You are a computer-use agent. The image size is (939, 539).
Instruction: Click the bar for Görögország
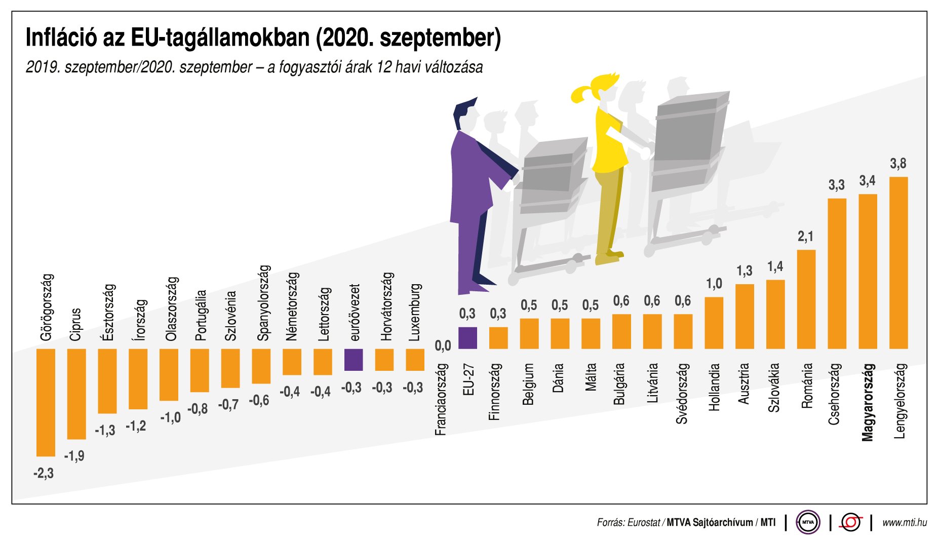[46, 402]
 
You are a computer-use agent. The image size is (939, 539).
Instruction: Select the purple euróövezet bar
[354, 360]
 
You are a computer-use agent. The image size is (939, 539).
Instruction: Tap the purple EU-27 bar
[467, 338]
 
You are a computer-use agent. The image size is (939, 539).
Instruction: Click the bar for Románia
[806, 299]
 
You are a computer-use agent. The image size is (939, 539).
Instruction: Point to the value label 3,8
[898, 164]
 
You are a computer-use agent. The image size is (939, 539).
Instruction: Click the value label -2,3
[44, 474]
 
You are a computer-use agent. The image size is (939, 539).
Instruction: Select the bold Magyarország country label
[868, 402]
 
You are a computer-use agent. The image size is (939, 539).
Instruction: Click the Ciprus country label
[75, 324]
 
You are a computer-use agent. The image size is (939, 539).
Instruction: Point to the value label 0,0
[443, 345]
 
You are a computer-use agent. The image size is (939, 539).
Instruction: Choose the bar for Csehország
[837, 274]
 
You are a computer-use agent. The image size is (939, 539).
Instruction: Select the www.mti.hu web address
[904, 522]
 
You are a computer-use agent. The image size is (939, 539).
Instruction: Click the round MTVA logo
[808, 522]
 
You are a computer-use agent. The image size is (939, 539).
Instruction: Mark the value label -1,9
[74, 456]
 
